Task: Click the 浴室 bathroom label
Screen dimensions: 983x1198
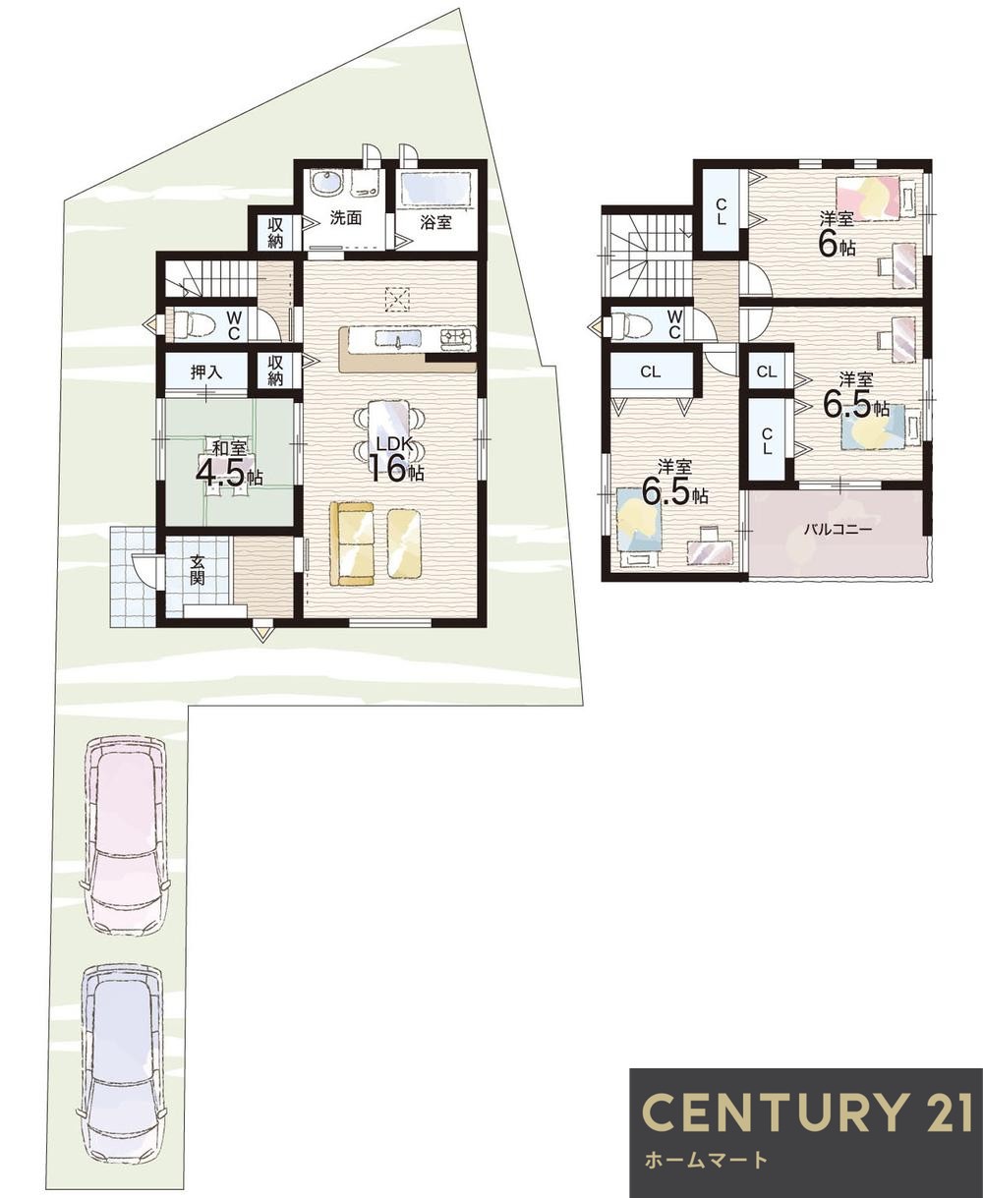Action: click(x=435, y=223)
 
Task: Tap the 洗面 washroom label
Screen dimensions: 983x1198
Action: click(x=346, y=219)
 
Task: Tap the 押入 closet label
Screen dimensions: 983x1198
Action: click(x=206, y=373)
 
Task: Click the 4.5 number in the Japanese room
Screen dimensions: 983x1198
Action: click(x=221, y=473)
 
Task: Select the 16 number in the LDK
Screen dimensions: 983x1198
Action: click(x=388, y=469)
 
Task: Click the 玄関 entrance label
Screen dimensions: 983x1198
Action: click(x=198, y=570)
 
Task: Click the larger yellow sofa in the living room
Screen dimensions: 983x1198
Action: click(x=352, y=542)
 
